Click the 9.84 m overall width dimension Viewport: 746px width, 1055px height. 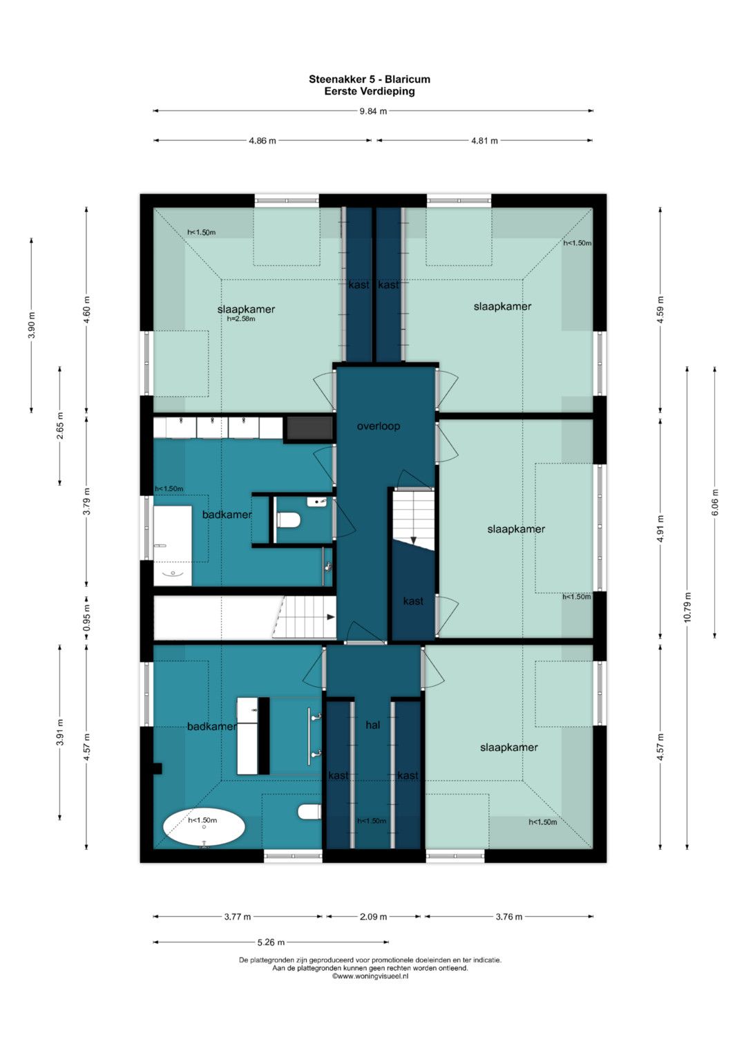click(374, 111)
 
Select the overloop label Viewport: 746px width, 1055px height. click(379, 426)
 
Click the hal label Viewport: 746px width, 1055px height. click(372, 725)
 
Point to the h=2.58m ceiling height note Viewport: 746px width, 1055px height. click(241, 319)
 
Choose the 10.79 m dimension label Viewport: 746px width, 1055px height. click(687, 607)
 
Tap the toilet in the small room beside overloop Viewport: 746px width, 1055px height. click(289, 520)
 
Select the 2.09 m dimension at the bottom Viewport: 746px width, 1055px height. click(374, 917)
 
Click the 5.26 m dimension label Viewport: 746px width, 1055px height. click(271, 942)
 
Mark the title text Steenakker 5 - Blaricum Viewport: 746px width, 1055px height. click(370, 79)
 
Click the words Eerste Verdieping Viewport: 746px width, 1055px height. click(370, 91)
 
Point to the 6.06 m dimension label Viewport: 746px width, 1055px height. click(715, 502)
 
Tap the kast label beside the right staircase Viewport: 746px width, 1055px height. click(413, 601)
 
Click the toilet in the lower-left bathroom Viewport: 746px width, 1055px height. click(309, 812)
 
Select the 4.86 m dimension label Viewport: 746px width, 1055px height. click(262, 141)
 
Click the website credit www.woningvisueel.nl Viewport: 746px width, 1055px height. click(370, 976)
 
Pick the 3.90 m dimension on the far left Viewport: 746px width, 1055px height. click(32, 325)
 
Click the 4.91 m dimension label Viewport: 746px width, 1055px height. click(660, 529)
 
